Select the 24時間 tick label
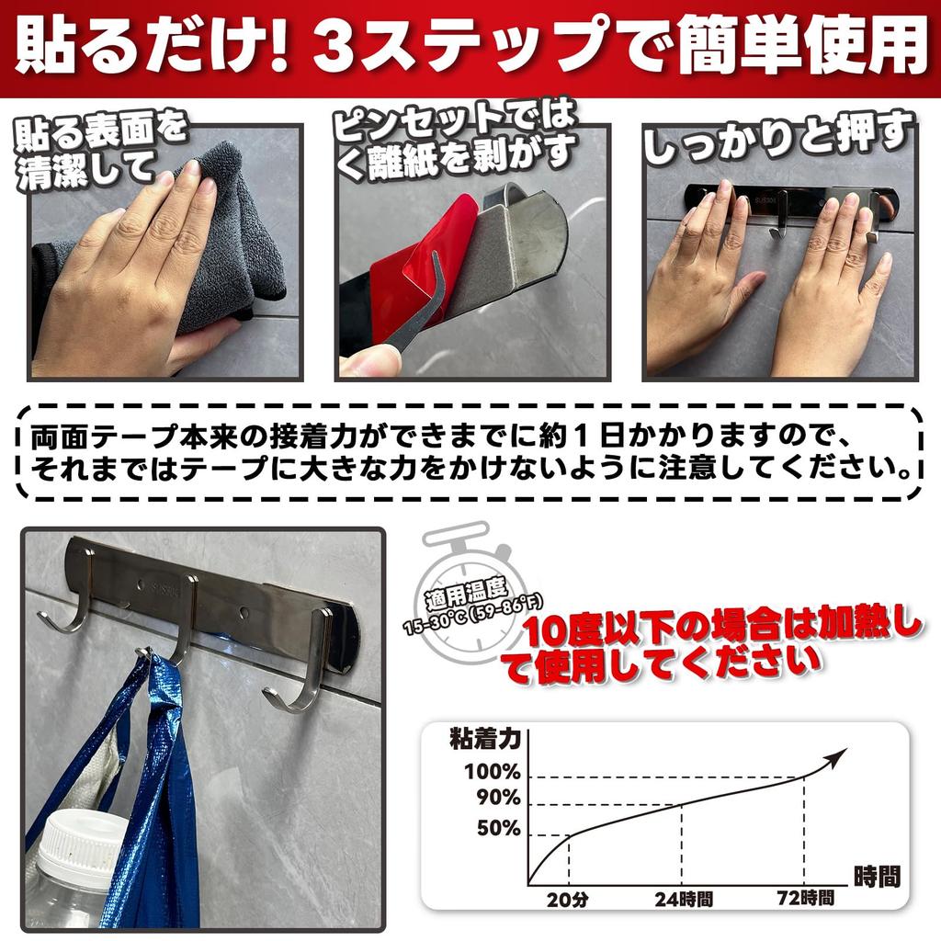click(x=685, y=899)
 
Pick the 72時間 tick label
click(x=804, y=899)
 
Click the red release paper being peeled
click(x=409, y=262)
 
